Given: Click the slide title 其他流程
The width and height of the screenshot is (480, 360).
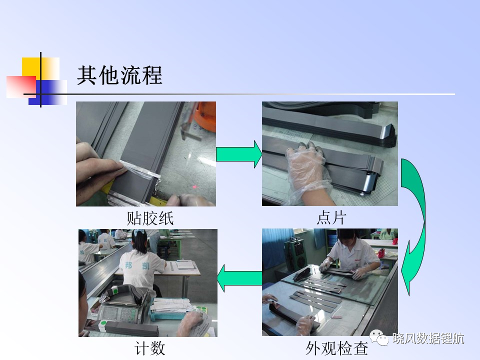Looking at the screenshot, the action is [x=119, y=75].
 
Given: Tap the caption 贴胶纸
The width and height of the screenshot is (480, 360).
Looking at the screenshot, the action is [x=150, y=218].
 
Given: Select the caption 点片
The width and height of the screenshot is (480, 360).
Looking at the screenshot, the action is [x=331, y=218].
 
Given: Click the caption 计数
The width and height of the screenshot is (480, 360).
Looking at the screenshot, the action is [x=149, y=348].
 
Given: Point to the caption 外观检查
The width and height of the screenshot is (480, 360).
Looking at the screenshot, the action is [x=336, y=348].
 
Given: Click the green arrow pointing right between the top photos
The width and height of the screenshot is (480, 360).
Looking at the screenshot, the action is [x=239, y=154].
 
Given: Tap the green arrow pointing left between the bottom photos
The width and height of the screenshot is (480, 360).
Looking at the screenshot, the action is [x=239, y=278].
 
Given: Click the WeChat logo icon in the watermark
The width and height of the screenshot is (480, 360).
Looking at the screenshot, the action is [x=379, y=337].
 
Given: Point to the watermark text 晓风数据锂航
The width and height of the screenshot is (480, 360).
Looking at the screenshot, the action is [x=428, y=338].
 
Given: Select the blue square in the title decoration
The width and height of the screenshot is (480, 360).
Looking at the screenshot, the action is [x=48, y=92].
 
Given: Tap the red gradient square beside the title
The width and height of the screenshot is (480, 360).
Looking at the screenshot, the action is [x=21, y=87].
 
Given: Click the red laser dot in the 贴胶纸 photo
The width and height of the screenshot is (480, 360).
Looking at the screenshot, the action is [x=194, y=186].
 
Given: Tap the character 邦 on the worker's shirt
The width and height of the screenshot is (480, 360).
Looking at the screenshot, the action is [x=128, y=265].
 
